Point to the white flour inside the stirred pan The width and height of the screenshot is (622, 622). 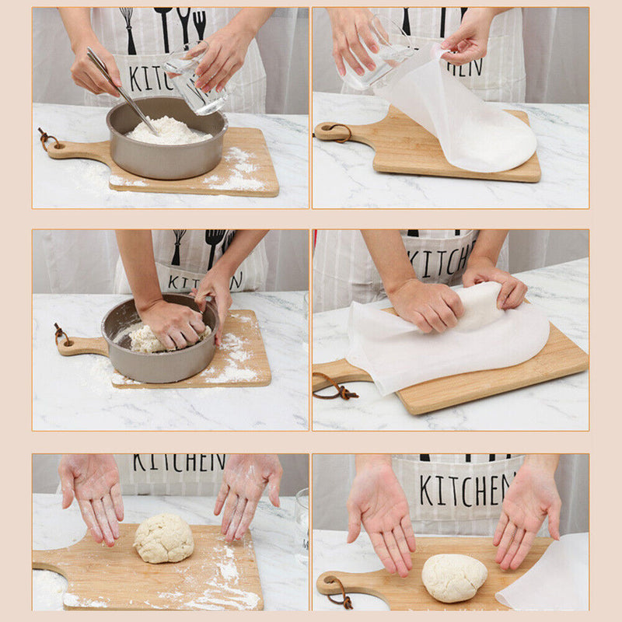click(168, 131)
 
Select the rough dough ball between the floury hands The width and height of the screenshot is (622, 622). click(163, 538)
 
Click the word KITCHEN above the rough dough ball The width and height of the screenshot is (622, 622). click(178, 463)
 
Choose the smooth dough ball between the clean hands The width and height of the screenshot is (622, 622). click(454, 577)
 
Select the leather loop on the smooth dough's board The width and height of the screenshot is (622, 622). click(337, 592)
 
